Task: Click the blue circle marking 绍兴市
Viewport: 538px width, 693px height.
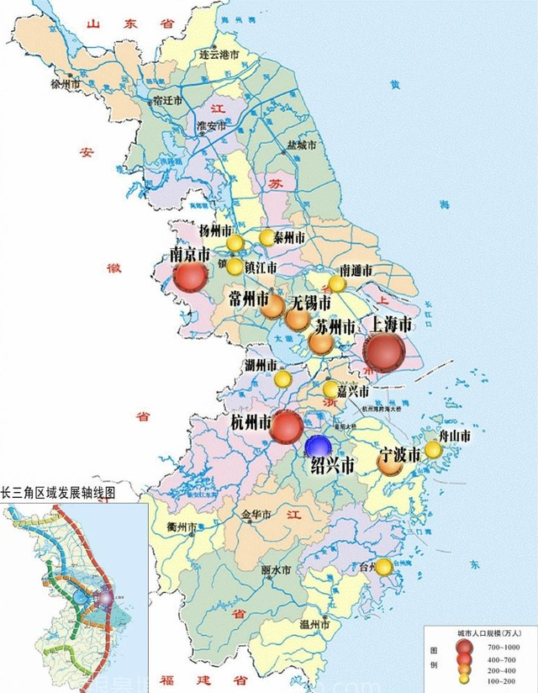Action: coord(318,446)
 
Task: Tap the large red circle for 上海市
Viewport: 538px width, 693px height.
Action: coord(384,352)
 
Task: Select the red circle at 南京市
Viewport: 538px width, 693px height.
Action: coord(190,277)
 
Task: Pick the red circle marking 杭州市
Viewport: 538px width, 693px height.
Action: coord(286,426)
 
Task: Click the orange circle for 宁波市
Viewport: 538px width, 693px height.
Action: coord(390,462)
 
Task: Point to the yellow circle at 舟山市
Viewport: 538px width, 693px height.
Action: coord(433,449)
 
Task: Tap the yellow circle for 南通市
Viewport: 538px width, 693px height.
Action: coord(336,283)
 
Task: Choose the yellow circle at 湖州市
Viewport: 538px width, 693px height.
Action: coord(284,379)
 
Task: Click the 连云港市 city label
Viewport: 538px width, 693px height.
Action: coord(219,54)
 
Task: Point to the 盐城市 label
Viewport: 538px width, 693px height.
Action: coord(301,145)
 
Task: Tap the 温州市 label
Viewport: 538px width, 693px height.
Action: coord(315,625)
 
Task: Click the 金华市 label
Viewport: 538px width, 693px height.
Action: coord(256,514)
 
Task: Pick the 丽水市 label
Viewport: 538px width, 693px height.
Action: coord(276,570)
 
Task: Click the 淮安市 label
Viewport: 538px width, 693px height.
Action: coord(211,126)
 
